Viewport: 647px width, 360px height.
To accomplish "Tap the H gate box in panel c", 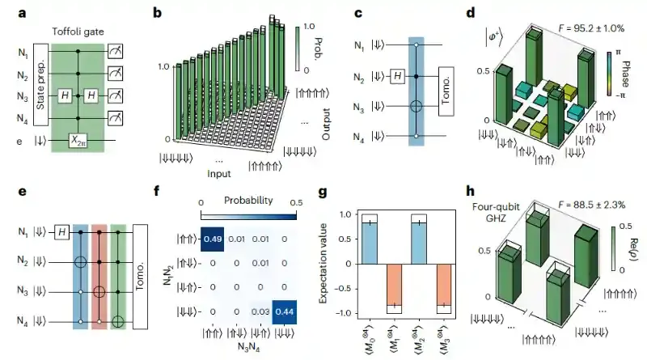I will point(397,77).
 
